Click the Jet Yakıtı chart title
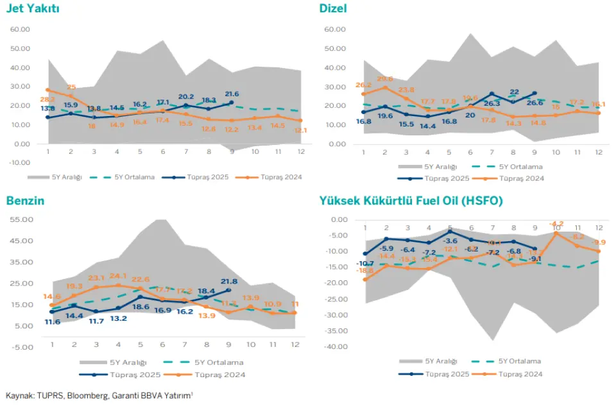click(x=33, y=8)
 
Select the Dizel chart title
click(x=333, y=8)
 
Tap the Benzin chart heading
click(x=26, y=201)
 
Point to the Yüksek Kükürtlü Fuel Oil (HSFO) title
click(x=411, y=201)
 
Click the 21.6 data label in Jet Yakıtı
click(x=232, y=94)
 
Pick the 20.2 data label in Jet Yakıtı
click(x=186, y=97)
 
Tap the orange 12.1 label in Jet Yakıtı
click(x=300, y=131)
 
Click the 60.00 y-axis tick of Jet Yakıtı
click(x=21, y=30)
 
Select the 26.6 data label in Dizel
click(x=535, y=103)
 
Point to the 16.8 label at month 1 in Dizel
click(x=364, y=121)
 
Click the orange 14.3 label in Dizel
click(x=513, y=124)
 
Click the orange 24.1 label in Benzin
click(x=117, y=277)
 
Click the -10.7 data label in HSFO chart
click(x=366, y=264)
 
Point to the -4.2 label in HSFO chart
click(x=556, y=224)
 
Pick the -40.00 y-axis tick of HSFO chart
click(x=336, y=347)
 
